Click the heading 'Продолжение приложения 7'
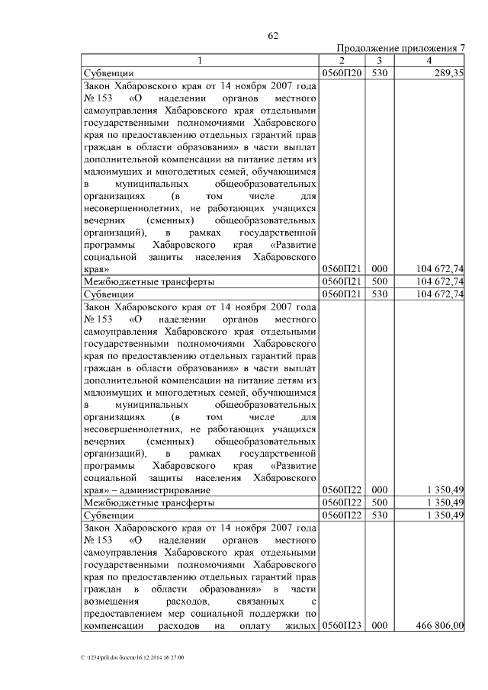point(400,48)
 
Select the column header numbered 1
point(200,60)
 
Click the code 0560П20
point(342,73)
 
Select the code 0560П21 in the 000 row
point(342,269)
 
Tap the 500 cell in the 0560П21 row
point(380,281)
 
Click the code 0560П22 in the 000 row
point(342,489)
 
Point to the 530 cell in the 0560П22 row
point(380,515)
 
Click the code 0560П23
point(342,626)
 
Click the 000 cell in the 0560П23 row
point(380,626)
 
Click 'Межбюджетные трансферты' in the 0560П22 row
point(148,502)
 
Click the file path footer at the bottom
point(133,657)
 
